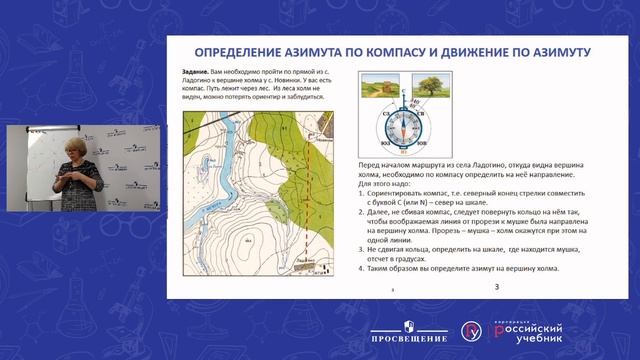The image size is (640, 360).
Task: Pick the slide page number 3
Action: click(x=497, y=288)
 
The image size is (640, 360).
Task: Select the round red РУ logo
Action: click(x=470, y=330)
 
